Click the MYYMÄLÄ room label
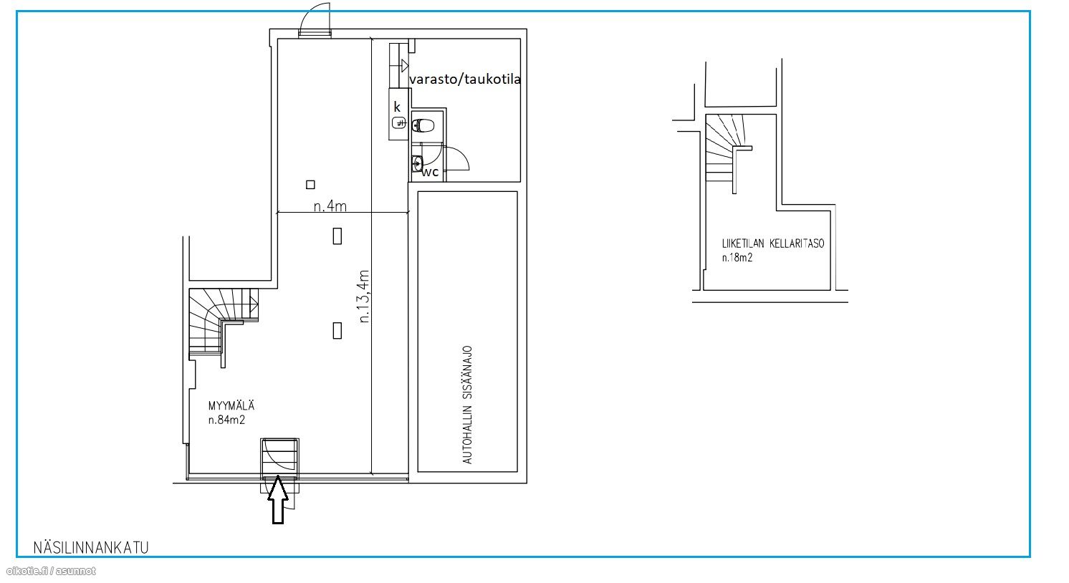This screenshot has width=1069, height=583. tap(231, 405)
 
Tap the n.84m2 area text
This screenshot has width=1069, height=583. tap(226, 420)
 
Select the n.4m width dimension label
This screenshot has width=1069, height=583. tap(330, 206)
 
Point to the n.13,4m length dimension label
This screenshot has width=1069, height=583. tap(364, 297)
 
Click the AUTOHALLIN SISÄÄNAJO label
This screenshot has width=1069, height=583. tap(468, 405)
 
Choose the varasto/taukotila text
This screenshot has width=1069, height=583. tap(465, 79)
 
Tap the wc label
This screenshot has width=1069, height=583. tap(430, 172)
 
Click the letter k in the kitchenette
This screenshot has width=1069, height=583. tap(397, 107)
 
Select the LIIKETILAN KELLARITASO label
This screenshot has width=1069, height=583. tap(773, 244)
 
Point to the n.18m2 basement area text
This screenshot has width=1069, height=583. tap(737, 258)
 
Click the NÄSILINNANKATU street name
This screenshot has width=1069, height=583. tap(91, 548)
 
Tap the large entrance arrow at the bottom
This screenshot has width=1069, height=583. tap(278, 500)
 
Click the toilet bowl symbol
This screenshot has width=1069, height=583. tap(423, 125)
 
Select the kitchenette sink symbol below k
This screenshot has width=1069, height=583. tap(399, 123)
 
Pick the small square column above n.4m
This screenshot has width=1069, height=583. tap(311, 185)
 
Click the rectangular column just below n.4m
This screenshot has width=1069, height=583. tap(337, 236)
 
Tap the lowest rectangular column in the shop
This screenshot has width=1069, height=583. tap(337, 331)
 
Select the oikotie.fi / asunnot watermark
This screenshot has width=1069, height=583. tap(51, 571)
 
